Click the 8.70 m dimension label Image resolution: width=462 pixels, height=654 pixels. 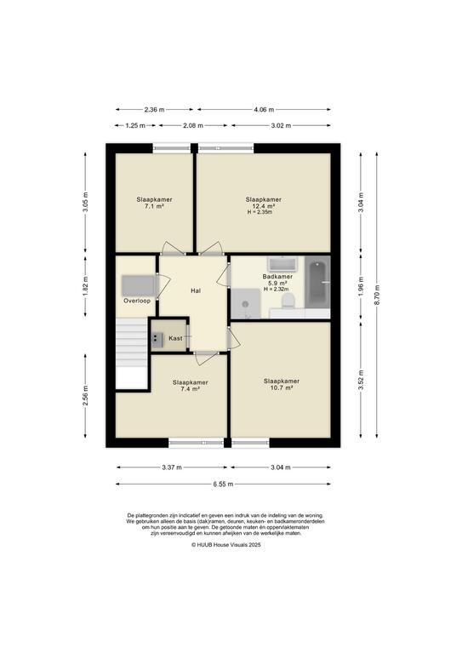[377, 295]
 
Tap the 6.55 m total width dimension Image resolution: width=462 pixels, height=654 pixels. [223, 485]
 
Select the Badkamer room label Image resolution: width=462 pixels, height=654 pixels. [277, 277]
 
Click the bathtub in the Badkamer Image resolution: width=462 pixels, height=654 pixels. [317, 283]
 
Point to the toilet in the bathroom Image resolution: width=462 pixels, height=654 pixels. [288, 301]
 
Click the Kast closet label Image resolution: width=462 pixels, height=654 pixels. [175, 338]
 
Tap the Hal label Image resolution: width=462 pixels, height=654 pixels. [196, 290]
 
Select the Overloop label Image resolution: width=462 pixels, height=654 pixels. [137, 301]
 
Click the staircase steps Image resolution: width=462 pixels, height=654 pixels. [132, 353]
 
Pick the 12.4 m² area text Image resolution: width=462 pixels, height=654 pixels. [263, 206]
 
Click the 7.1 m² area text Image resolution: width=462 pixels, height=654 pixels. [154, 206]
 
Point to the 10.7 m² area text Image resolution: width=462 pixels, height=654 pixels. [282, 387]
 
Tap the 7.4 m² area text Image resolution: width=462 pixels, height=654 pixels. [190, 388]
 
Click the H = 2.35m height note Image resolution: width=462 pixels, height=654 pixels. [260, 212]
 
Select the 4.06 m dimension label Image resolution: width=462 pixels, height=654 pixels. [264, 110]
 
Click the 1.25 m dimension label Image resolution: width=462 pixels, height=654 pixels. [135, 125]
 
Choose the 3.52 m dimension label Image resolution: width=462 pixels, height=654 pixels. [362, 380]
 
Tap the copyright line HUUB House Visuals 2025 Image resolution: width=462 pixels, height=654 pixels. [225, 545]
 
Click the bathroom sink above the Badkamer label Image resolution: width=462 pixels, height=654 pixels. [282, 264]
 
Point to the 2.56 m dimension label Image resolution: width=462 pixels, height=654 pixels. [85, 396]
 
